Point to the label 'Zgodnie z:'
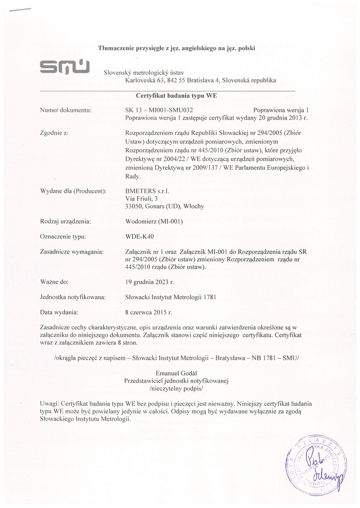click(x=53, y=133)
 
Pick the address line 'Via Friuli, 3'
click(x=142, y=198)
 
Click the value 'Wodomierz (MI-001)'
click(x=155, y=221)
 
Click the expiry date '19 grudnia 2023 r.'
click(x=150, y=282)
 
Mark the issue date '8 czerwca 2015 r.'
click(x=149, y=313)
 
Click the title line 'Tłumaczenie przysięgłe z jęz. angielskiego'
click(x=176, y=48)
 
